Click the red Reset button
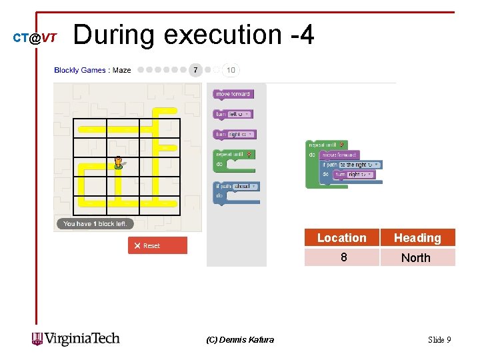[x=157, y=245]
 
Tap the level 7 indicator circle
[x=195, y=70]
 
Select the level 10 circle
[x=231, y=70]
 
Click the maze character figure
[x=119, y=163]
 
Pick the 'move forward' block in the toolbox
[x=232, y=94]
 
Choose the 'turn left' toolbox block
[x=233, y=114]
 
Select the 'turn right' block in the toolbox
[x=234, y=134]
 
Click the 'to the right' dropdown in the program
[x=359, y=165]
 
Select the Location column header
[x=341, y=238]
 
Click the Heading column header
[x=417, y=238]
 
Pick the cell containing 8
[x=343, y=257]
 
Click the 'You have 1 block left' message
[x=95, y=224]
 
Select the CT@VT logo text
[x=35, y=38]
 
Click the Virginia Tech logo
[x=76, y=339]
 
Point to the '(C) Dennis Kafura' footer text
[x=240, y=340]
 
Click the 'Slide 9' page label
[x=439, y=340]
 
